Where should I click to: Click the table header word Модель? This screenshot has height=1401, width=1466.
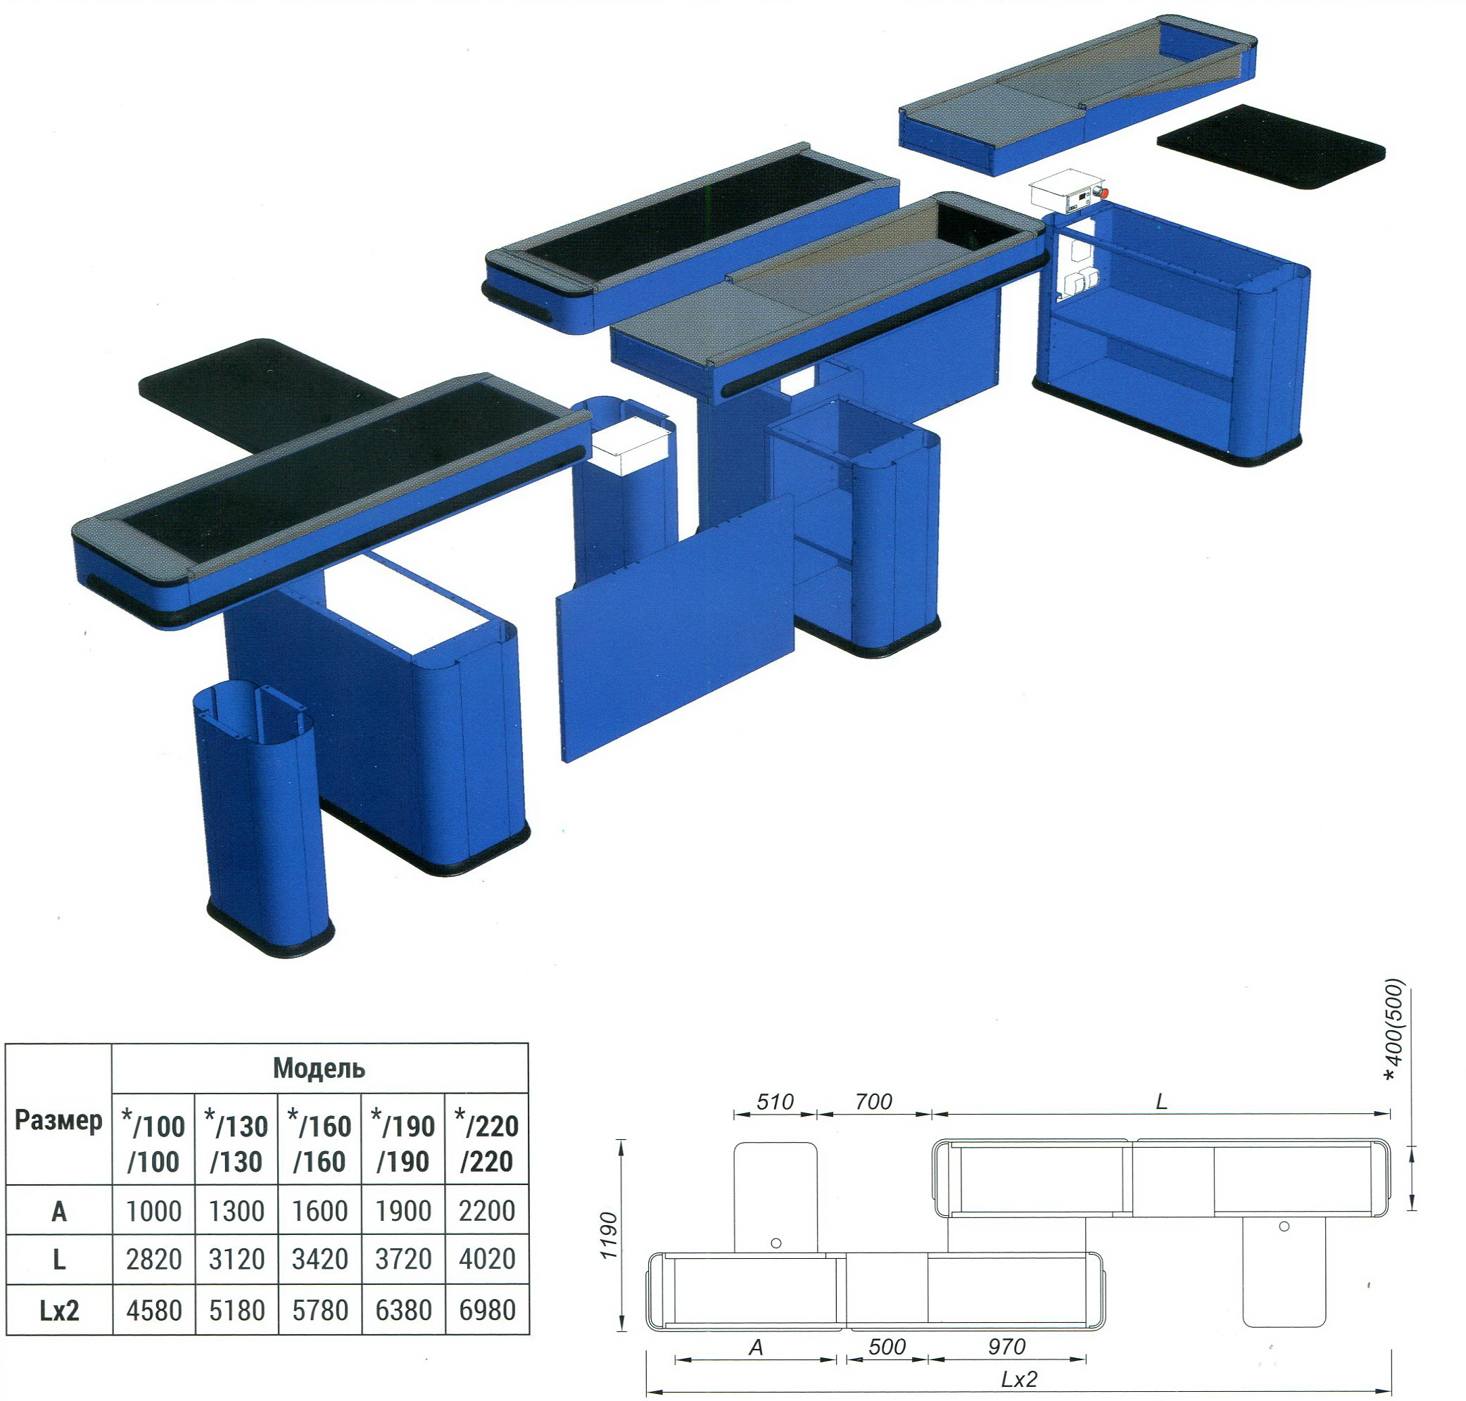coord(319,1069)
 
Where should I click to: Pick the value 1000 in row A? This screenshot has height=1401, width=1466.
coord(154,1210)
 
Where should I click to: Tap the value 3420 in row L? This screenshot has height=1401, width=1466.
coord(320,1259)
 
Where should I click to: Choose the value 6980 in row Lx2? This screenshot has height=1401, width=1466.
coord(487,1310)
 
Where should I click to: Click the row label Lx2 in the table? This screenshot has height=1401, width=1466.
coord(59,1311)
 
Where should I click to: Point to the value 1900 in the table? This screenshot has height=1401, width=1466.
coord(404,1210)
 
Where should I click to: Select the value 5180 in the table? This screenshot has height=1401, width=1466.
coord(236,1310)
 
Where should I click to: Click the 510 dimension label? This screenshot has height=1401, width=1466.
coord(774,1101)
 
